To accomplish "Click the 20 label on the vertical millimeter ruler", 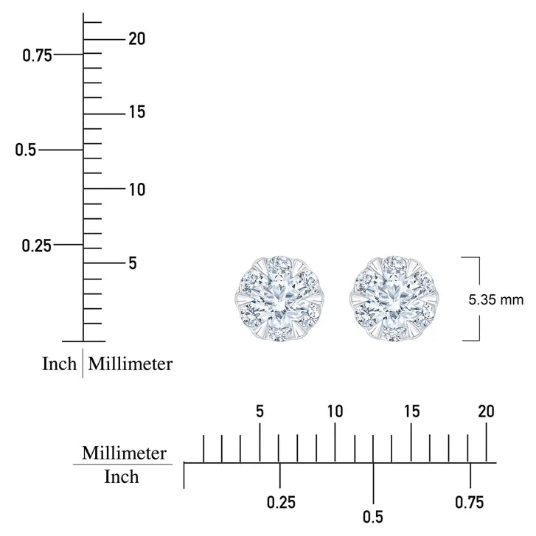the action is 136,38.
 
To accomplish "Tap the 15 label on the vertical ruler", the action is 136,112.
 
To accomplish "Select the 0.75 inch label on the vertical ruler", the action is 38,55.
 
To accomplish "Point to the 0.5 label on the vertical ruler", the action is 26,150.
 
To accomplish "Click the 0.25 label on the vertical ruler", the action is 37,246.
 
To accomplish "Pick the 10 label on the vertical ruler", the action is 136,189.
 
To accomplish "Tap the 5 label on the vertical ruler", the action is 133,263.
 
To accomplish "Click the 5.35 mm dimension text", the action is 495,300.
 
